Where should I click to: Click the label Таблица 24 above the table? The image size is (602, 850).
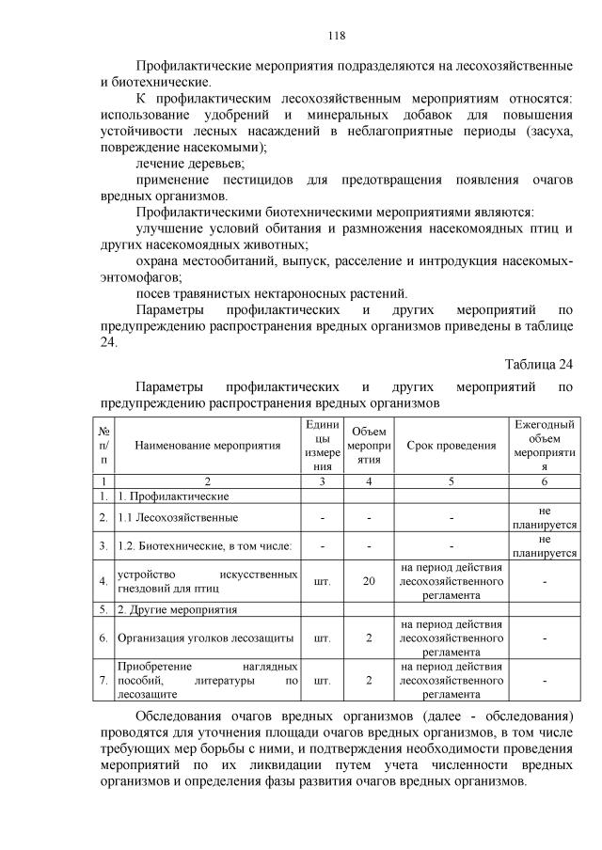click(x=538, y=364)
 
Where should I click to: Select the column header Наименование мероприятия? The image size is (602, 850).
click(x=208, y=445)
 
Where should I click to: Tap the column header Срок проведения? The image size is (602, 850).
click(x=451, y=445)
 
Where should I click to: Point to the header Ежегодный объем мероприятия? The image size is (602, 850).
click(x=543, y=445)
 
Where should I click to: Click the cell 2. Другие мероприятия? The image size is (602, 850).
click(x=169, y=609)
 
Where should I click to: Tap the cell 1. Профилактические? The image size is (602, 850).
click(x=164, y=495)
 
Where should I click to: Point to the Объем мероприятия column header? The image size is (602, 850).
click(x=369, y=445)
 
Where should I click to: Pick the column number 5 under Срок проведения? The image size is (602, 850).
click(x=451, y=481)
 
